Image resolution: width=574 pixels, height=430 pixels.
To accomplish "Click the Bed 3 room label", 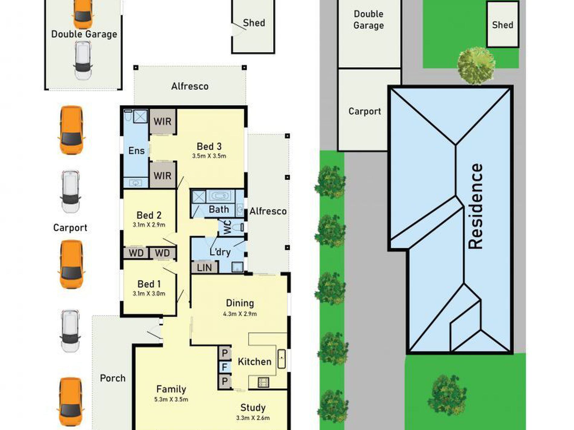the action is (209, 147).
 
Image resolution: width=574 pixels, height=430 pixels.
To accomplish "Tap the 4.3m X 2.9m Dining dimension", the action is (240, 314).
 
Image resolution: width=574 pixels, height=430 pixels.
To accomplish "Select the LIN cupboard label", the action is (204, 268).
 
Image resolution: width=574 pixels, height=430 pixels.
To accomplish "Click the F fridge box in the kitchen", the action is (224, 367).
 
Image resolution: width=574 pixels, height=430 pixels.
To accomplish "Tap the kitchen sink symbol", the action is (282, 358).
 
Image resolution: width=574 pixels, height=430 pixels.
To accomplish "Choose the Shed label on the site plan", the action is (503, 25).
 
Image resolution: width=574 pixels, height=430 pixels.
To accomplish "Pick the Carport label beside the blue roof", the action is (365, 111).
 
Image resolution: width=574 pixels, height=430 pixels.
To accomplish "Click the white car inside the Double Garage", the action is (83, 60).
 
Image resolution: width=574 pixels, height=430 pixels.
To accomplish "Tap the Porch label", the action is (113, 378).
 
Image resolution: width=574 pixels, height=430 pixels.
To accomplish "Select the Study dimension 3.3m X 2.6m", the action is (253, 418).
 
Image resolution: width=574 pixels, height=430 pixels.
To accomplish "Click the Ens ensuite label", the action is (137, 151).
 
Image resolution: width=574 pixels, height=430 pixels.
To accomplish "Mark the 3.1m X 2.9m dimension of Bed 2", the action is (149, 225).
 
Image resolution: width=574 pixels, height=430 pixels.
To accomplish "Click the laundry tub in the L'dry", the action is (237, 267).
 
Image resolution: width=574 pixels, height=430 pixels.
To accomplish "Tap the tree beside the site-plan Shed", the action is (476, 65).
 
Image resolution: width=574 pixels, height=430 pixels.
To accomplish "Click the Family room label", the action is (171, 389).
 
